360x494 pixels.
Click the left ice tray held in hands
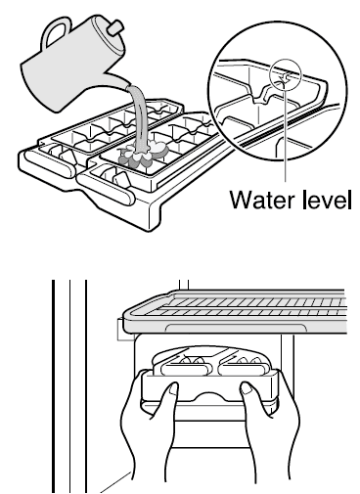coord(185,367)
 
